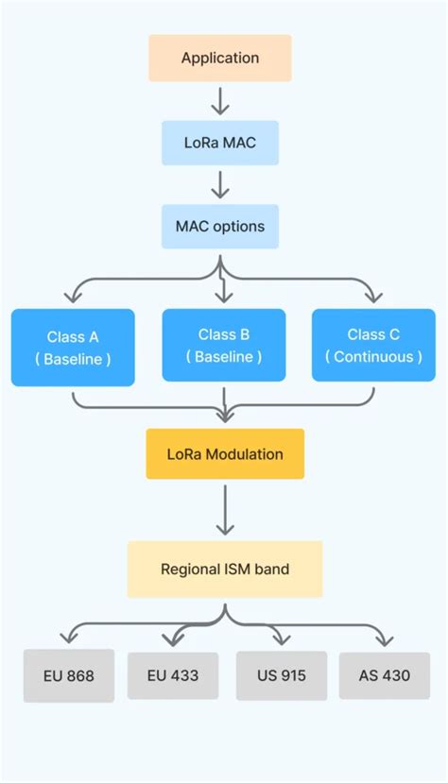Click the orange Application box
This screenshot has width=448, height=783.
[220, 59]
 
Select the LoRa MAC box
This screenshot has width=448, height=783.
[220, 144]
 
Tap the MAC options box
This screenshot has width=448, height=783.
[220, 227]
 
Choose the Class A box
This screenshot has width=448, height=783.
[73, 348]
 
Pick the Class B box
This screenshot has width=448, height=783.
[224, 346]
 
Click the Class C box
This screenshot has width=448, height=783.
[373, 346]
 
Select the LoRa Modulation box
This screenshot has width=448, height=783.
[225, 454]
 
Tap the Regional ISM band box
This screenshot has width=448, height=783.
[225, 570]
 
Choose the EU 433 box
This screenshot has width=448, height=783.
[172, 676]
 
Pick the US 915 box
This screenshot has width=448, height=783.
[281, 676]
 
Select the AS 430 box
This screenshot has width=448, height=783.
[385, 676]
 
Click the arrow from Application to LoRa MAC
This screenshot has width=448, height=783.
[220, 101]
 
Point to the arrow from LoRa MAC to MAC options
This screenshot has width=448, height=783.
[220, 184]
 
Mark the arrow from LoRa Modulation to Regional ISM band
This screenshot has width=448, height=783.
[225, 510]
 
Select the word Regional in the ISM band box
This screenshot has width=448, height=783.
[189, 570]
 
